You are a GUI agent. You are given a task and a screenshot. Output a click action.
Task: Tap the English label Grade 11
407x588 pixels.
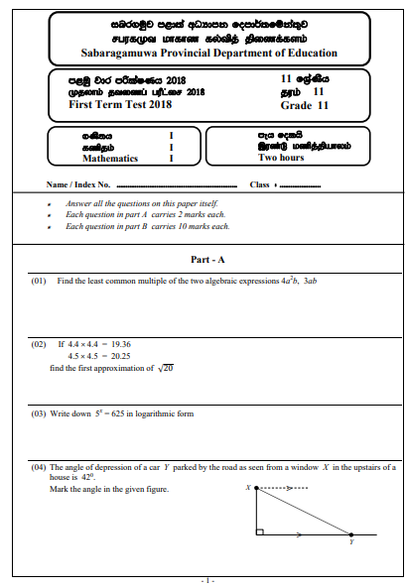[303, 103]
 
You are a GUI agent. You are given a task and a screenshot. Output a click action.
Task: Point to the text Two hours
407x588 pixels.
[281, 157]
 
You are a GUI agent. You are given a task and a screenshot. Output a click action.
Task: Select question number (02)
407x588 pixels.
[39, 344]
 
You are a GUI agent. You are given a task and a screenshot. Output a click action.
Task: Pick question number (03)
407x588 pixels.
[39, 412]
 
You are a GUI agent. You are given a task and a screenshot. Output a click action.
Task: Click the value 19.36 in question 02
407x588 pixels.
[119, 344]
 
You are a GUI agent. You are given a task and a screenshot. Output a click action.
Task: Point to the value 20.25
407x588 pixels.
[119, 355]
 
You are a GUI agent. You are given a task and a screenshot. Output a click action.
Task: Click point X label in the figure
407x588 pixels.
[247, 488]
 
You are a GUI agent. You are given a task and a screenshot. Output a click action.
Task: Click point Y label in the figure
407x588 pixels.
[351, 542]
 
